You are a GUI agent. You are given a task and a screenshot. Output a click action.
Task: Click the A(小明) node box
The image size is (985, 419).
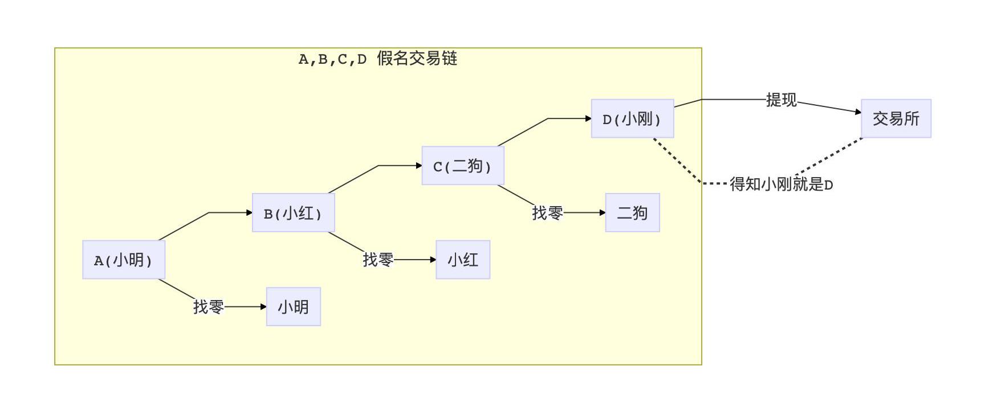point(124,260)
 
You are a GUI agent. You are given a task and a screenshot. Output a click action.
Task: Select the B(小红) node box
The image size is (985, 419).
point(293,213)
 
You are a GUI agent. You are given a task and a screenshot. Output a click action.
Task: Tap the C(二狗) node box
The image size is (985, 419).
point(462,166)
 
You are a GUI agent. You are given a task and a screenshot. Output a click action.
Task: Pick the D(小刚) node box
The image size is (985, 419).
point(632,118)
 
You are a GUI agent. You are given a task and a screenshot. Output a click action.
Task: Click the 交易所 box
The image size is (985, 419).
point(896,118)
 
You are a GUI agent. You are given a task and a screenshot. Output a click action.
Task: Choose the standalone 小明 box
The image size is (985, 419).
point(293,307)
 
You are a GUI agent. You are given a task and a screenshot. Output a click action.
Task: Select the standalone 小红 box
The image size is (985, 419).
point(462,260)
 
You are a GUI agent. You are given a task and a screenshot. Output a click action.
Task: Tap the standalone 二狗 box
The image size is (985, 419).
point(632,213)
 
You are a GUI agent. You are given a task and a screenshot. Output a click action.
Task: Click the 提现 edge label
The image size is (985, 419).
point(781,100)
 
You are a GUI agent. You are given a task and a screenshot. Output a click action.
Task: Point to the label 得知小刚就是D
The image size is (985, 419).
point(781,184)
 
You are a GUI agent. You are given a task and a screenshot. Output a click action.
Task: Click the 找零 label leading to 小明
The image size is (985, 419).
point(208,307)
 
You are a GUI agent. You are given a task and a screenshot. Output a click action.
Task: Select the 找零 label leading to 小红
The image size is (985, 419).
point(378,260)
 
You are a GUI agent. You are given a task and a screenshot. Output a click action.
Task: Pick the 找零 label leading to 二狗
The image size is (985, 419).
point(547,213)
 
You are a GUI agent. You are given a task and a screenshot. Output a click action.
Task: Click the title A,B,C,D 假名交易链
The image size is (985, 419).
point(378,59)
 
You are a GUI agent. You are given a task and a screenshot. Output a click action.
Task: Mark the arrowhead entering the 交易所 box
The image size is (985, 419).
point(858,112)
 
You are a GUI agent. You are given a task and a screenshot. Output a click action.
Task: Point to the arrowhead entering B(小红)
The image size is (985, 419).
point(249,213)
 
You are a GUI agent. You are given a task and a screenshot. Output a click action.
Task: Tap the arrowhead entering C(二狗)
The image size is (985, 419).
point(419,166)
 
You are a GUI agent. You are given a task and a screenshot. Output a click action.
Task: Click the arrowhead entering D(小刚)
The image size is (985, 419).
point(588,118)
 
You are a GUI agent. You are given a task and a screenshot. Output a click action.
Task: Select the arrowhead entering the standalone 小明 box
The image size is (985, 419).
point(263,307)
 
